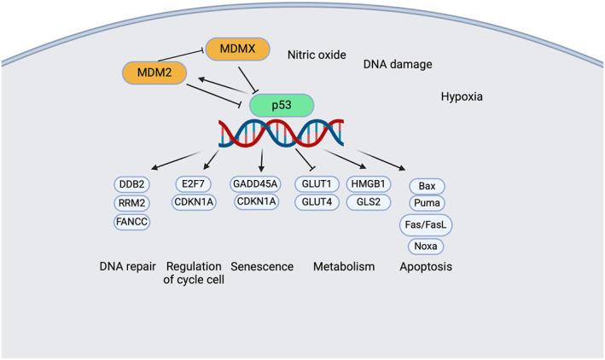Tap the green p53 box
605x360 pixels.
click(x=282, y=106)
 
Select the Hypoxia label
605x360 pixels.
click(x=462, y=97)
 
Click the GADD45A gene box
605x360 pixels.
click(x=259, y=184)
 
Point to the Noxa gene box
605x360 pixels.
click(x=428, y=247)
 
